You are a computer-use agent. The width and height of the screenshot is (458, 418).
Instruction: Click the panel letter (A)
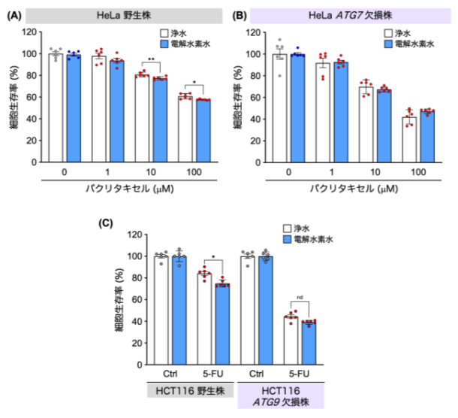click(14, 14)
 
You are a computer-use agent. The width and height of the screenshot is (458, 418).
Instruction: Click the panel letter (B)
click(244, 14)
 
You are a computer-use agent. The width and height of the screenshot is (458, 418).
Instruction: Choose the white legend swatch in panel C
click(287, 226)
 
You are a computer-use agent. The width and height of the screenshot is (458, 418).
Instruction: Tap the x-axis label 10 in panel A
click(151, 172)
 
